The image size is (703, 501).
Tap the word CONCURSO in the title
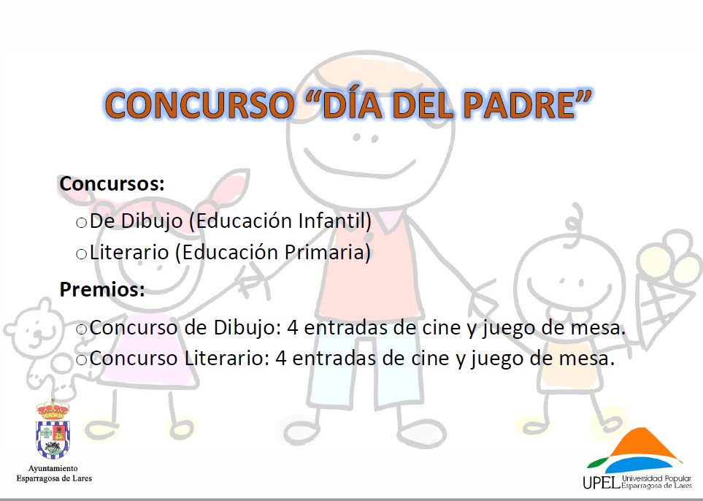199,105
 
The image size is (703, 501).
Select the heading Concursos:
112,183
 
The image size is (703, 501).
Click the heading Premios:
102,289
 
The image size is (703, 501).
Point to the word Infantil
335,221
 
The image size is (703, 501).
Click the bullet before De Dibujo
81,223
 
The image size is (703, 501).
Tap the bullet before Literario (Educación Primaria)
81,254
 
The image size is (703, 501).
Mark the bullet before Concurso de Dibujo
81,329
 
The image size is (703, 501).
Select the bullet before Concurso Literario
81,360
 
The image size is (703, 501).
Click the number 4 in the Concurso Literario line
281,359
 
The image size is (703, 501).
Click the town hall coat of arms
53,429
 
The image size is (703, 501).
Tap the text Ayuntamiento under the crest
53,468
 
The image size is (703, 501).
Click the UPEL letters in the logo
602,482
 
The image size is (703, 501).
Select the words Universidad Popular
657,478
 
